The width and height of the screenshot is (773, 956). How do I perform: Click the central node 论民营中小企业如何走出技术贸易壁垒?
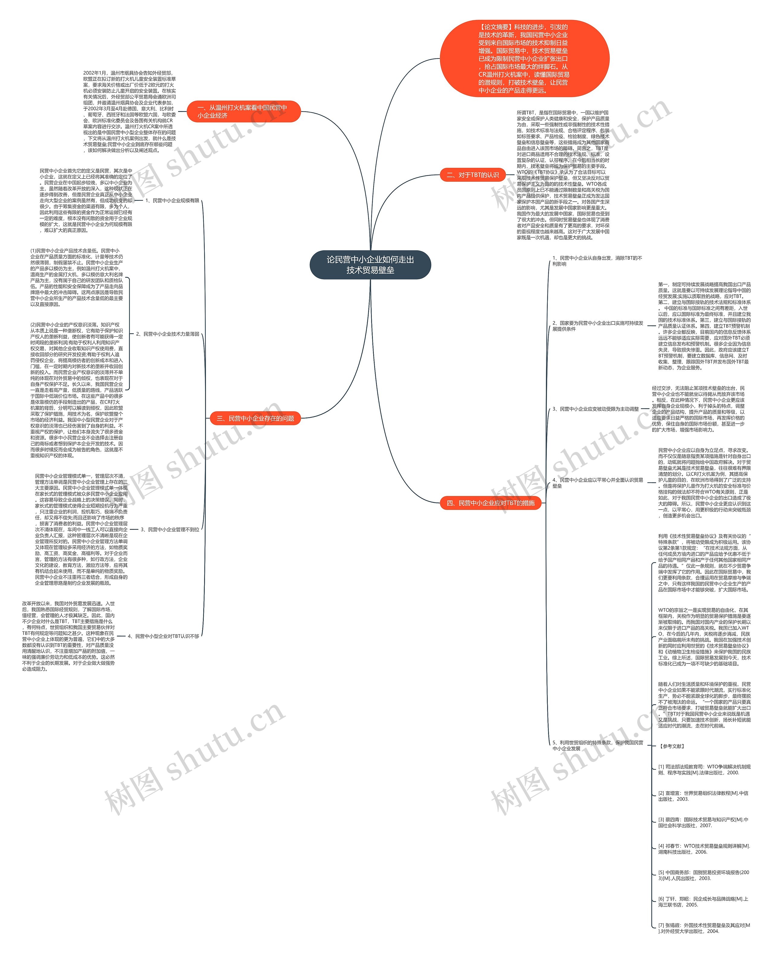pos(370,265)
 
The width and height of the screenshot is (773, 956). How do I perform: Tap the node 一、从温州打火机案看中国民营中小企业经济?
pos(243,111)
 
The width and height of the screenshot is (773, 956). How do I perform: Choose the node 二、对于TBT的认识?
pos(473,175)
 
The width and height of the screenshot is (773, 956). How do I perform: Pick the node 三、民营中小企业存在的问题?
pos(255,418)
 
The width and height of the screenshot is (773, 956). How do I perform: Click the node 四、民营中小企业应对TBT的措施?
pos(490,503)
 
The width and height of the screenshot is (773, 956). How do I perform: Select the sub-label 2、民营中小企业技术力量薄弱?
pos(167,334)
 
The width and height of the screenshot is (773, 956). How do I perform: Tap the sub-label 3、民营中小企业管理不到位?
pos(170,530)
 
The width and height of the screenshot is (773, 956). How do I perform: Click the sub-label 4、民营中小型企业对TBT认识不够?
pos(163,636)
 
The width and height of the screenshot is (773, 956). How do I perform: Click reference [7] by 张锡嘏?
pos(704,928)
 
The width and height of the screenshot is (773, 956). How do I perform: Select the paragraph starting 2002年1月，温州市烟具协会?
pos(129,112)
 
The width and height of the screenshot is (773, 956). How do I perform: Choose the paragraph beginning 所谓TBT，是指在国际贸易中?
pos(563,175)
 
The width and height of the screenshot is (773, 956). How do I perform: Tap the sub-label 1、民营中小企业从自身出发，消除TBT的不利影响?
pos(597,261)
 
